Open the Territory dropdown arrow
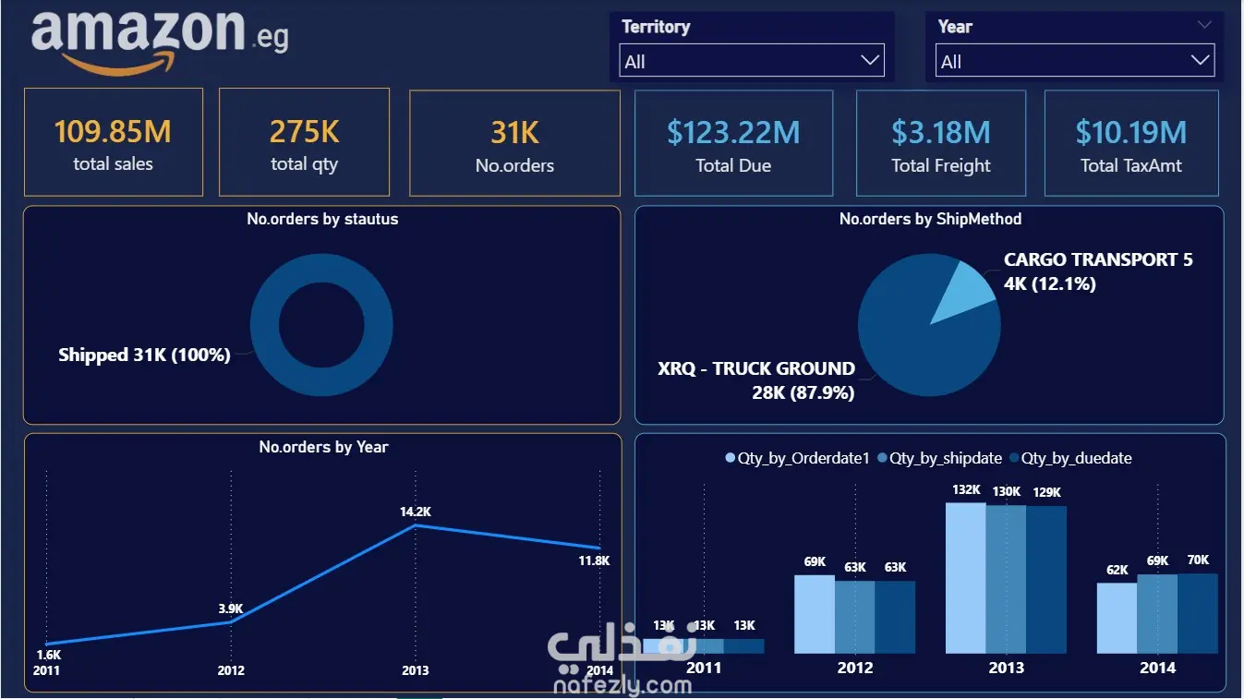point(869,60)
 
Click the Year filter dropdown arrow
point(1200,60)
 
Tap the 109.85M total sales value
point(113,132)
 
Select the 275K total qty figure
point(305,132)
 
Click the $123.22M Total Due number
point(733,133)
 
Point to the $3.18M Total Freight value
point(941,133)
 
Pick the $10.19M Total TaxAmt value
point(1130,133)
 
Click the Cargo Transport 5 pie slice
point(963,289)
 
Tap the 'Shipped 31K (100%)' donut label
point(144,355)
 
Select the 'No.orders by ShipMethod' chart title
point(930,219)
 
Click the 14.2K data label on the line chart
point(416,512)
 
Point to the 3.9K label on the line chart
point(231,609)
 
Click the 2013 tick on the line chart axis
point(416,670)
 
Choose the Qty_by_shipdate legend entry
point(939,458)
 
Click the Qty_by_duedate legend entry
point(1070,458)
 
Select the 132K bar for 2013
point(966,578)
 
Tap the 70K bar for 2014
point(1197,613)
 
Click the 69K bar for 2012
point(815,614)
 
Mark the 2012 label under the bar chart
point(855,668)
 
